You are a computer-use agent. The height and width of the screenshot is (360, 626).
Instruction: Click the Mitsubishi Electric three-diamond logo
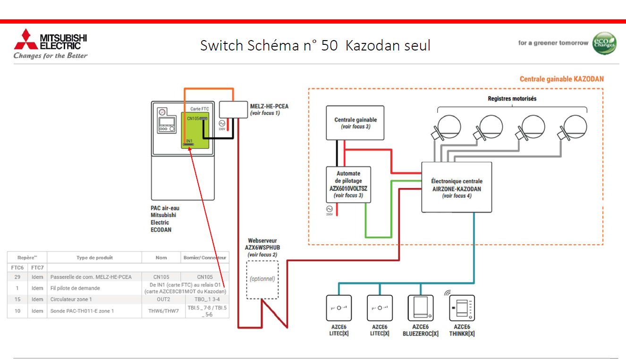tap(25, 40)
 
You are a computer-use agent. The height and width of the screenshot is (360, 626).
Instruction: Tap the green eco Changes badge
tap(604, 43)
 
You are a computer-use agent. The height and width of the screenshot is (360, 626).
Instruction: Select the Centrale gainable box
tap(355, 123)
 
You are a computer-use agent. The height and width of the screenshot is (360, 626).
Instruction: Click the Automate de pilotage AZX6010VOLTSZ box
tap(348, 184)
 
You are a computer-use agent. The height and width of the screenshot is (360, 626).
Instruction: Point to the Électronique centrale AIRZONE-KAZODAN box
tap(457, 187)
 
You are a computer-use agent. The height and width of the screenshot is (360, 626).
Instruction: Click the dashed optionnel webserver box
tap(262, 279)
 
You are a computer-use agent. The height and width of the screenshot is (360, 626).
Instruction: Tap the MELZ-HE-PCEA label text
tap(269, 107)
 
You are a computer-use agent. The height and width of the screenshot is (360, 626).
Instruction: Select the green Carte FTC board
tap(195, 130)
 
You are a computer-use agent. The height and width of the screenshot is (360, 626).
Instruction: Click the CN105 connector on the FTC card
tap(203, 118)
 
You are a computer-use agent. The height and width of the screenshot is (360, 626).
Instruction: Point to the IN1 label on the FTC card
tap(189, 141)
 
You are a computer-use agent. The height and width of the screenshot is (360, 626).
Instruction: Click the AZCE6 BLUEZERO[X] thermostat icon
tap(420, 308)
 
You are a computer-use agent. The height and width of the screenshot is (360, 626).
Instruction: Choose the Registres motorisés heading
tap(512, 99)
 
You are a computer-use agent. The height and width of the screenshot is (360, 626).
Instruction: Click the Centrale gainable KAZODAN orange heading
tap(561, 79)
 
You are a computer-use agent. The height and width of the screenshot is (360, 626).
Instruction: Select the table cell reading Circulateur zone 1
tap(71, 300)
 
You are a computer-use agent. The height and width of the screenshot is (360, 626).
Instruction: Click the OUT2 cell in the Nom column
tap(162, 300)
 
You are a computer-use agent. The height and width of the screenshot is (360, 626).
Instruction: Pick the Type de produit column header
tap(94, 258)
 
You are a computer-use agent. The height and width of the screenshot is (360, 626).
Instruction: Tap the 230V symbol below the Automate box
tap(330, 209)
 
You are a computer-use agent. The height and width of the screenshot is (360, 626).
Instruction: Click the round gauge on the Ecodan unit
tap(162, 112)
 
